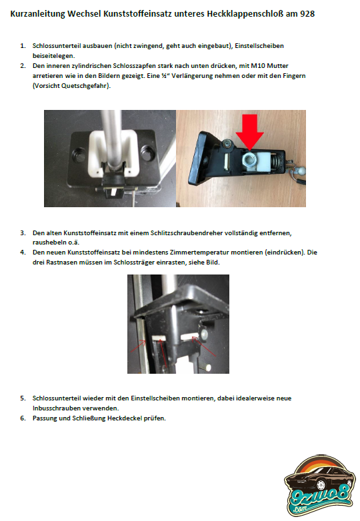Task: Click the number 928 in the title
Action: (x=307, y=14)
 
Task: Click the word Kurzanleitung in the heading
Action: (x=37, y=14)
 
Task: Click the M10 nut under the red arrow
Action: (x=249, y=160)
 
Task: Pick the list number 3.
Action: (x=23, y=233)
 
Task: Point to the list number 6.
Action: (x=23, y=418)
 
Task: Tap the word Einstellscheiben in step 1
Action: (x=259, y=46)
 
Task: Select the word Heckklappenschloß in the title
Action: (x=245, y=14)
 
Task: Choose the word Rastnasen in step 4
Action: (x=60, y=262)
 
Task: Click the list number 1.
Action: (x=23, y=46)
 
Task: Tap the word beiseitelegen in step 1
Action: (x=53, y=56)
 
